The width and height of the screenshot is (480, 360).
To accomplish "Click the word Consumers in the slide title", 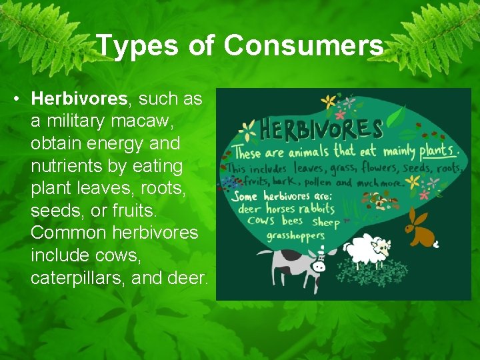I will point(303,46).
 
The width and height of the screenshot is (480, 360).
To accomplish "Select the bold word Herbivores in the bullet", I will point(79,99).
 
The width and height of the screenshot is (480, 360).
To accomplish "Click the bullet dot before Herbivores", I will point(15,99).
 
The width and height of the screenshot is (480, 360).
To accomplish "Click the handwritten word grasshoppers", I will point(295,235).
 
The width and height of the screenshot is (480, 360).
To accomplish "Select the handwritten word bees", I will point(292,221).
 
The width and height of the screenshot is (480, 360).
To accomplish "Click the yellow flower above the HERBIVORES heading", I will point(328,102).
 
